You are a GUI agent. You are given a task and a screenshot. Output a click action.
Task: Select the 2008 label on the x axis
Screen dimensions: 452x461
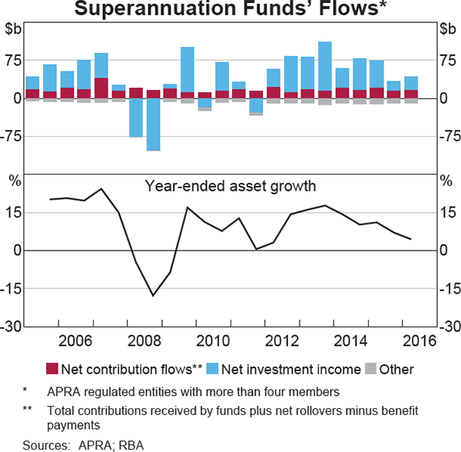tap(144, 341)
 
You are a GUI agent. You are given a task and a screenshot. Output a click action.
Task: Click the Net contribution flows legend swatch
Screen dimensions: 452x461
tap(52, 369)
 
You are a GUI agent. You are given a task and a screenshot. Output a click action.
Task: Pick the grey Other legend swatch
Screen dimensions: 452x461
tap(371, 369)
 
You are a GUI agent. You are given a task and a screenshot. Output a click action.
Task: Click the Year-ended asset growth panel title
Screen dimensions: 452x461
tap(230, 185)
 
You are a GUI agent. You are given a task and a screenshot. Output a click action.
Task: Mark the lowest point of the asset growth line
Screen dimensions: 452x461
tap(153, 295)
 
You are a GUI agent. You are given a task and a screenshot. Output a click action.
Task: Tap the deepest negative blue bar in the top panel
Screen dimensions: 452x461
tap(153, 124)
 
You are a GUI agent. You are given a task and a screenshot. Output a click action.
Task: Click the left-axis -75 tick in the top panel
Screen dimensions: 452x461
tap(14, 136)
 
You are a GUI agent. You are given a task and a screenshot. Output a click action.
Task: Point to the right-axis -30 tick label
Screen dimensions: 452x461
tap(448, 326)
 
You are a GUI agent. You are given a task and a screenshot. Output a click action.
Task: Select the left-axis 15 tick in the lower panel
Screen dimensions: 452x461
tap(14, 212)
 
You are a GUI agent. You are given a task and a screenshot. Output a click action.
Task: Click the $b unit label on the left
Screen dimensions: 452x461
tap(14, 29)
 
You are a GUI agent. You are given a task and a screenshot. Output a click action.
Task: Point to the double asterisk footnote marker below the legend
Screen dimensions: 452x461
tap(28, 410)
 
